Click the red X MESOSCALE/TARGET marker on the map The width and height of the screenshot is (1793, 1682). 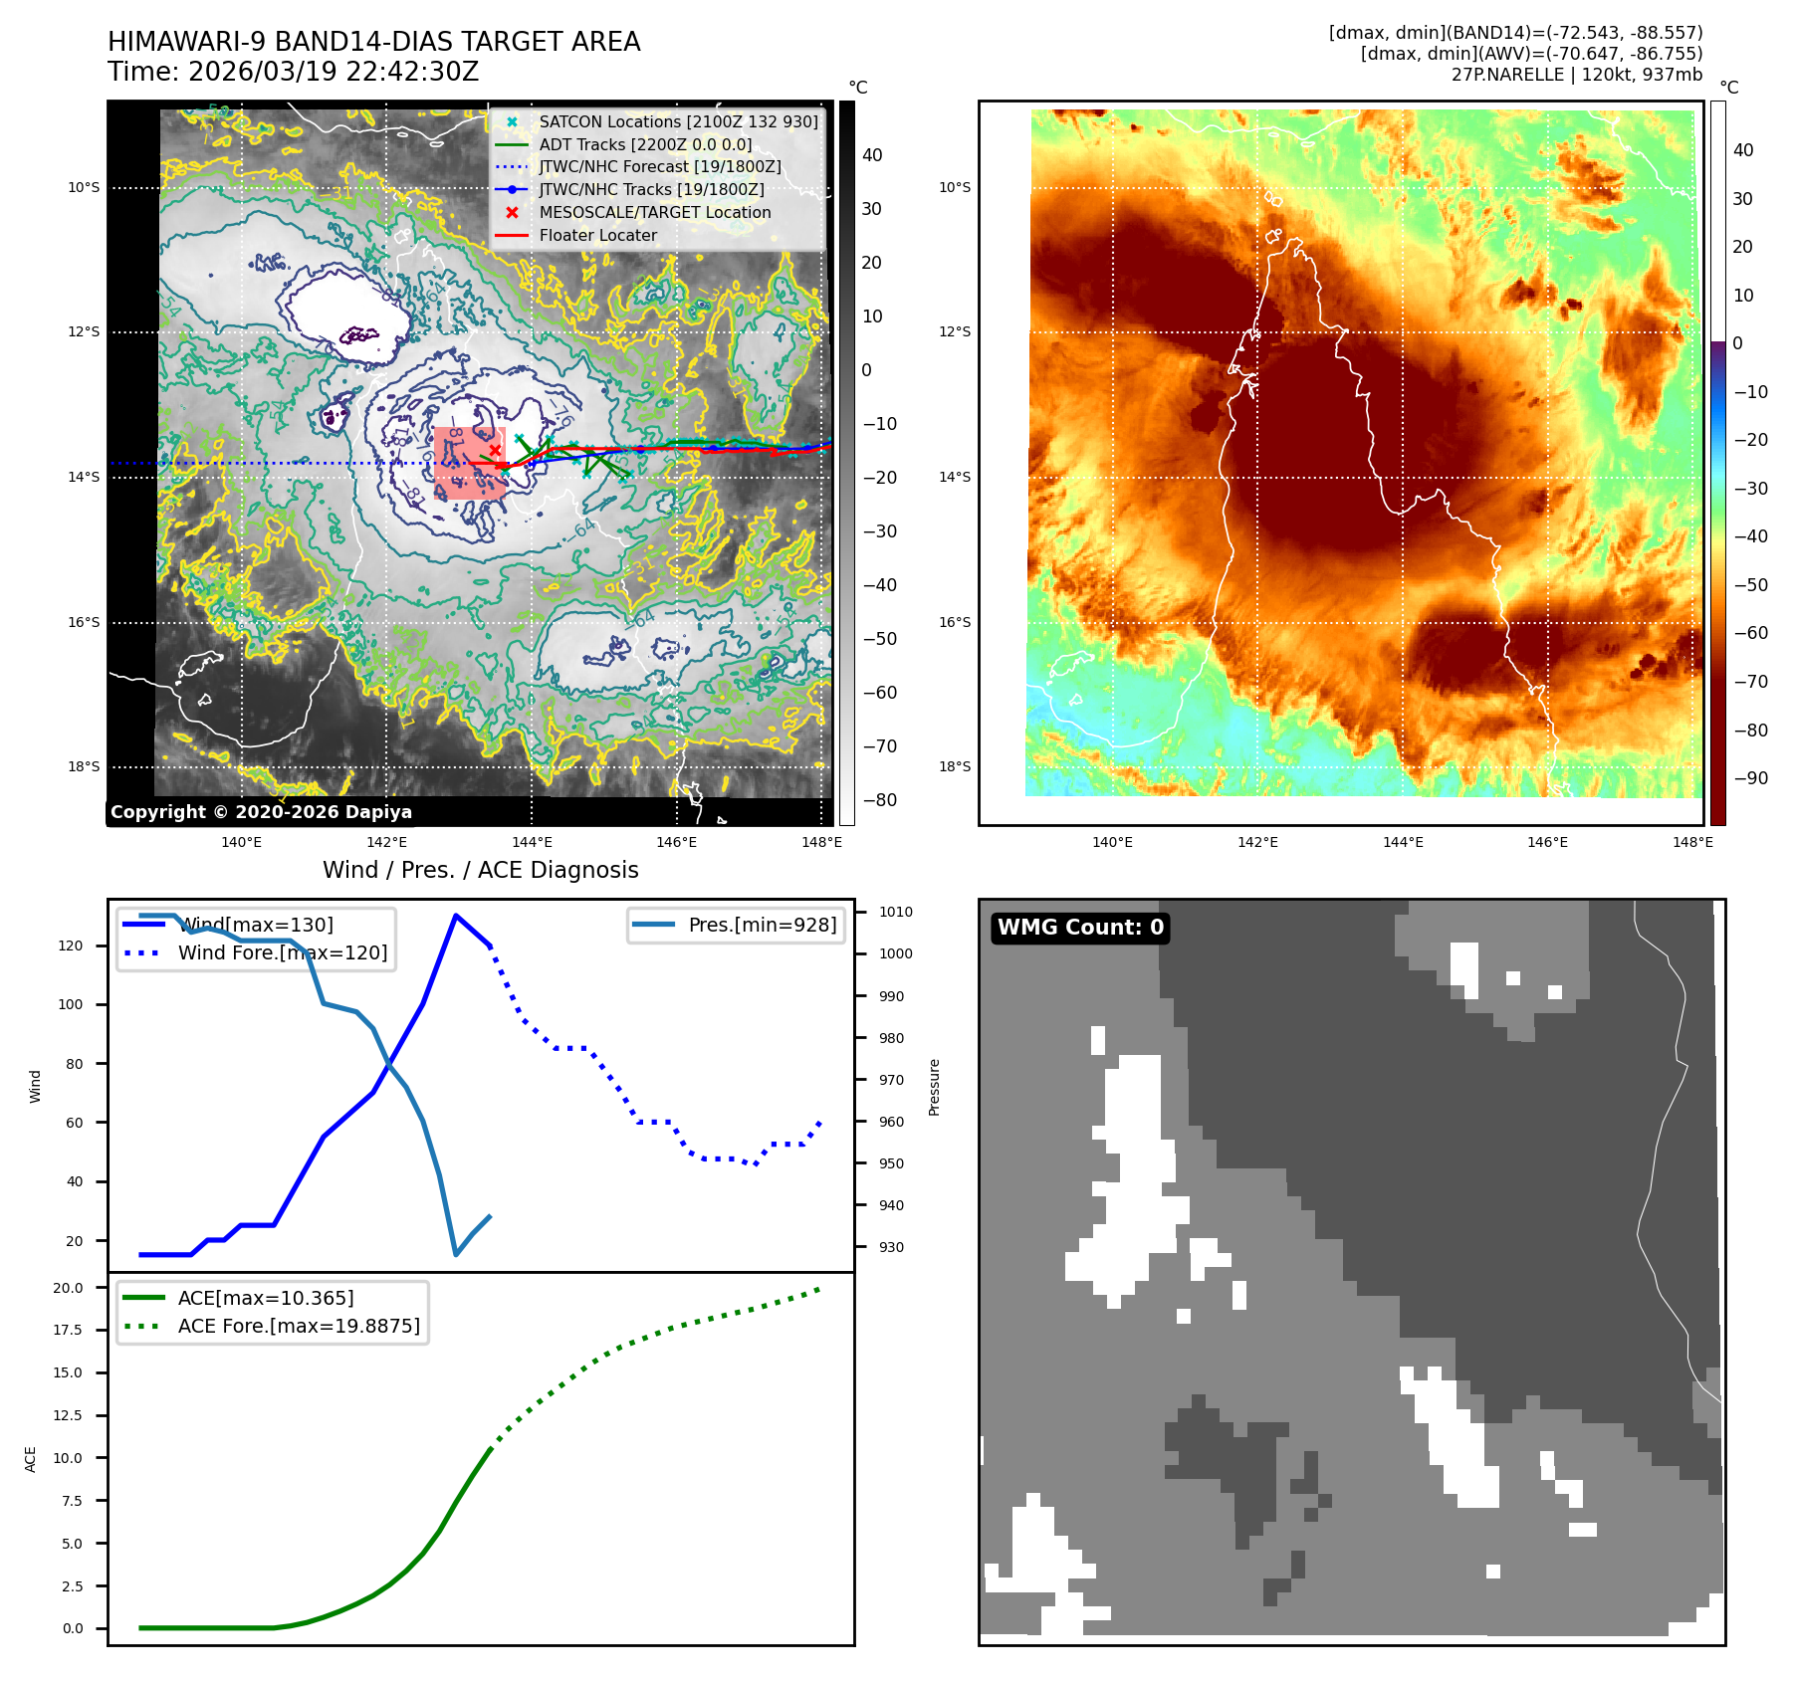tap(495, 450)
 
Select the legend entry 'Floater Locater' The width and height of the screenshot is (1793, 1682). tap(597, 236)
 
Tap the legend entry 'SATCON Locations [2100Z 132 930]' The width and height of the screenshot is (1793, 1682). tap(678, 121)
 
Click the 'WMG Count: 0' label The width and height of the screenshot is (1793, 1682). tap(1080, 928)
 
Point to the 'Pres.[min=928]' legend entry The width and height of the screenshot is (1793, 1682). tap(762, 925)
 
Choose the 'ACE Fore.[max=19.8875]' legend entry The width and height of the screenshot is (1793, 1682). tap(299, 1326)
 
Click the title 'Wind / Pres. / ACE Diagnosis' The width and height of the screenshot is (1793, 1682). tap(480, 870)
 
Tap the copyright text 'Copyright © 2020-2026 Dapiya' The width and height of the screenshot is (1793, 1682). tap(261, 812)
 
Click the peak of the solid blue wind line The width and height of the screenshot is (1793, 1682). tap(456, 915)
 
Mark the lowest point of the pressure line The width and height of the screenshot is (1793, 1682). tap(456, 1254)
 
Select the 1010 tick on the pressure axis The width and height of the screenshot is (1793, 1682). tap(895, 912)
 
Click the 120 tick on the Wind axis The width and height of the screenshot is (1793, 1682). tap(71, 946)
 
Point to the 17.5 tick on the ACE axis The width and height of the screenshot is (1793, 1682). tap(68, 1330)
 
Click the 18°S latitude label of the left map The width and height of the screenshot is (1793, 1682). tap(84, 767)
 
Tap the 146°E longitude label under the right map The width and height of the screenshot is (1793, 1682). tap(1547, 842)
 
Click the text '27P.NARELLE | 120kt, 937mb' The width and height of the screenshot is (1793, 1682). tap(1576, 75)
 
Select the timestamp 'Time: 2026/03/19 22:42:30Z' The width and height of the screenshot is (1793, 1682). tap(294, 72)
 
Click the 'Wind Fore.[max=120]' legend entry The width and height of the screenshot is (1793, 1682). tap(283, 952)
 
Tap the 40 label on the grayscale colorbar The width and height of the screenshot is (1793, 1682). tap(872, 155)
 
